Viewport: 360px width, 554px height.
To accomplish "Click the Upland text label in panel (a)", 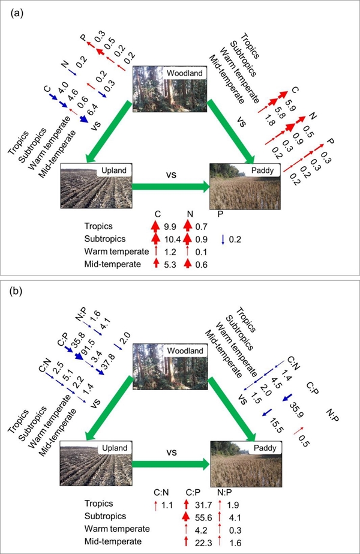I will [114, 171].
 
